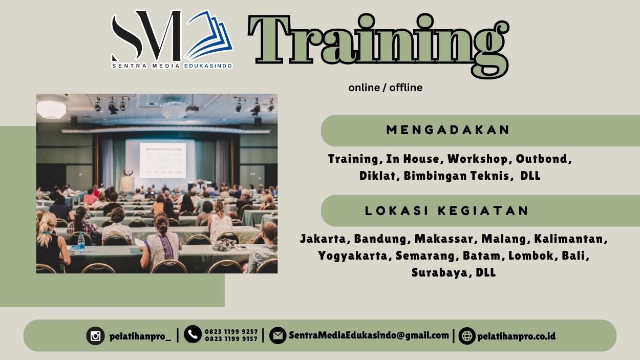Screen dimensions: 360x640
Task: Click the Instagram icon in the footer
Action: click(95, 336)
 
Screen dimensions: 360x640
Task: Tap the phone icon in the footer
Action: click(193, 335)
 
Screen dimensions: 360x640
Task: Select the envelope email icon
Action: click(278, 336)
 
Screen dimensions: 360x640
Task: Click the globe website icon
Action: click(467, 336)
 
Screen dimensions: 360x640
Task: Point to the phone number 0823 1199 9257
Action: click(231, 332)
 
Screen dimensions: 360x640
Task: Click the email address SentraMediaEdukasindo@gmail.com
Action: click(369, 335)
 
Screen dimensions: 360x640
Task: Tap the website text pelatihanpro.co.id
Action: click(516, 336)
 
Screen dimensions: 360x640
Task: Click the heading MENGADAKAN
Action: click(448, 130)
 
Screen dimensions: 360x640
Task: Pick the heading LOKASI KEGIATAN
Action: click(447, 210)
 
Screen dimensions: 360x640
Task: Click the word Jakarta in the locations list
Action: click(324, 239)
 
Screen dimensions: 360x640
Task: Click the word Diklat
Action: click(378, 176)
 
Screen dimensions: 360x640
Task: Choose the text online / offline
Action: click(385, 88)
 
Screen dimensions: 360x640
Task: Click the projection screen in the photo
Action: click(162, 159)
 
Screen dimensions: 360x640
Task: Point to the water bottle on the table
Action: click(81, 242)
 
